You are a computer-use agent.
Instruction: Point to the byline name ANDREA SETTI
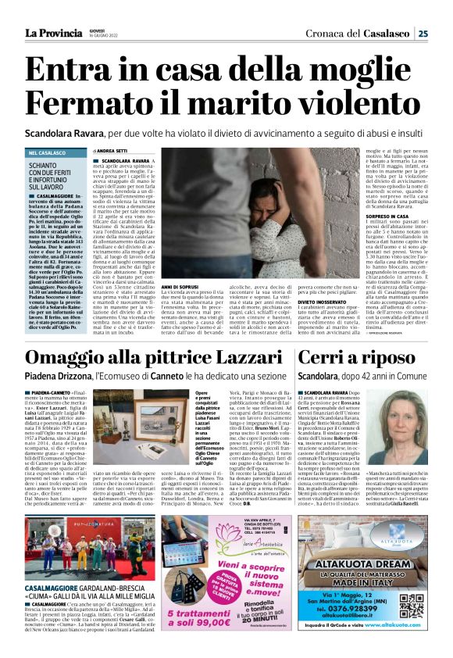point(114,150)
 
